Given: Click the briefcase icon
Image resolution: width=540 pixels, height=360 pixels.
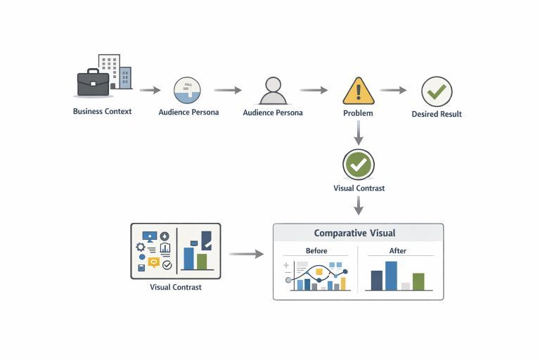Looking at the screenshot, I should (93, 84).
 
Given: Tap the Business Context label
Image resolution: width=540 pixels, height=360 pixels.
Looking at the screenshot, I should (102, 111).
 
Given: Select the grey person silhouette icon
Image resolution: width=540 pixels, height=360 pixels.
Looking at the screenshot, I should (274, 91).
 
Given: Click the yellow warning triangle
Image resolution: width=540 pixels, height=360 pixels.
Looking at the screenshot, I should (359, 91).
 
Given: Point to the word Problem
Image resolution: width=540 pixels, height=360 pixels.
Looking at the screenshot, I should (358, 112).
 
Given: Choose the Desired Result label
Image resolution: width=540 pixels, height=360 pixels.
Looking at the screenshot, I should (437, 114).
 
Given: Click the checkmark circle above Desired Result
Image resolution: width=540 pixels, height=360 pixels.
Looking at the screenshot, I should (437, 91).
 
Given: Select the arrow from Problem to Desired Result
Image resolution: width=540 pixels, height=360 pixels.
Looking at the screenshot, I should (394, 90).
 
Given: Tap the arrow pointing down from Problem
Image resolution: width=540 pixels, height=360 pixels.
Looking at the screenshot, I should (359, 131).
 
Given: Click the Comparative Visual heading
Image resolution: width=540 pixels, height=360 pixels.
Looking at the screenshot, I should (354, 233).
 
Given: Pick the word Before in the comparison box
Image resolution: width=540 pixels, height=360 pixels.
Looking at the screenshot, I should (316, 251).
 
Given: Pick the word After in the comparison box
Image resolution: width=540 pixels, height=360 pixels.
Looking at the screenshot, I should (397, 251).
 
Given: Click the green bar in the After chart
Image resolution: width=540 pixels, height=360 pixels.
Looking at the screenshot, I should (418, 281).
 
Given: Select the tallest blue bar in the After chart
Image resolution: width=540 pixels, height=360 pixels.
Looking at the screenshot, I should (391, 276).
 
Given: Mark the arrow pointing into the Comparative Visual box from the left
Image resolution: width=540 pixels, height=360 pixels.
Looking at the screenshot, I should (246, 254).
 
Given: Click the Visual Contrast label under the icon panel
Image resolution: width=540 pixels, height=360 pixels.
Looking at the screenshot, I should (176, 287).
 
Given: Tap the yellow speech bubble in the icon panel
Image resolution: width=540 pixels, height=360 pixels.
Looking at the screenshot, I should (153, 262).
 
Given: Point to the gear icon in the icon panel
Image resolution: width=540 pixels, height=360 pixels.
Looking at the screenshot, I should (140, 247).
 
